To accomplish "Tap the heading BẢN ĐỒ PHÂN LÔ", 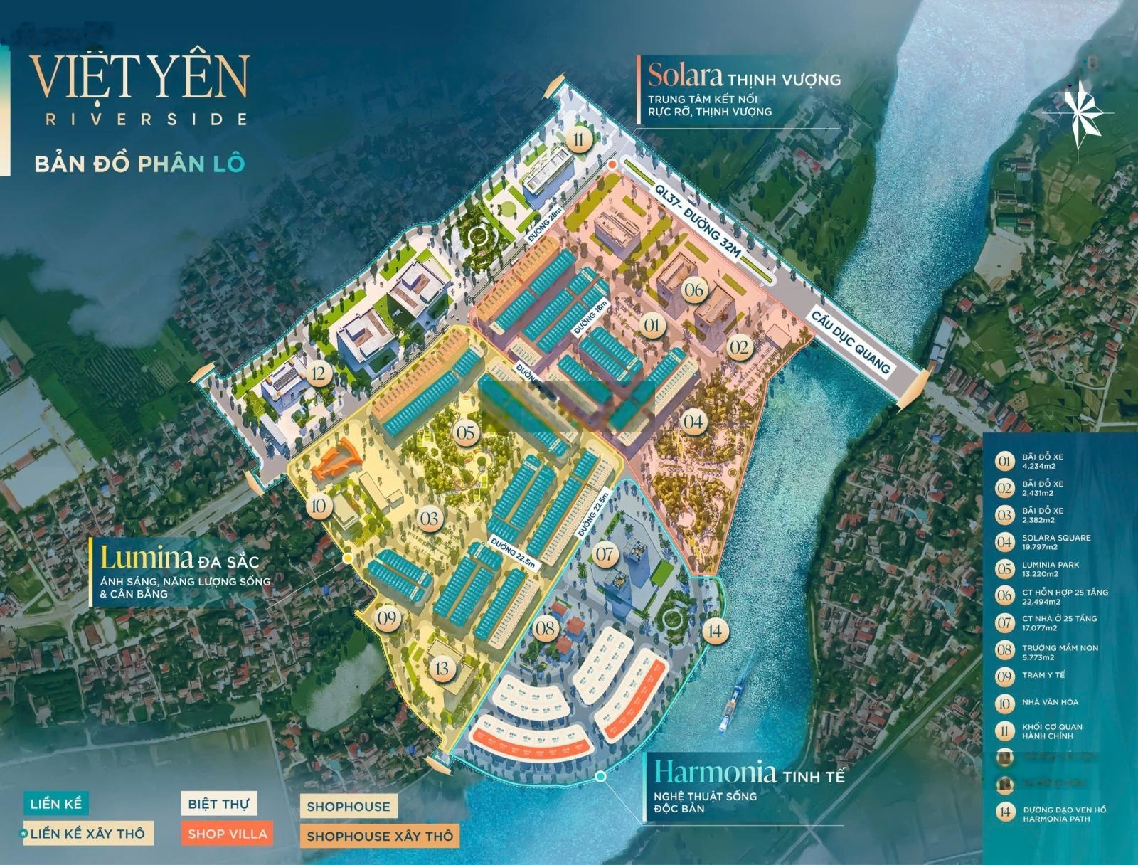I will pyautogui.click(x=139, y=162).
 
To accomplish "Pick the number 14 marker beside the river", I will pyautogui.click(x=715, y=630).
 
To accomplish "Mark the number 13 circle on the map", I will pyautogui.click(x=443, y=668).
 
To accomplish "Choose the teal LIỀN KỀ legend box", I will pyautogui.click(x=56, y=805).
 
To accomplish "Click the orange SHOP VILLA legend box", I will pyautogui.click(x=228, y=834).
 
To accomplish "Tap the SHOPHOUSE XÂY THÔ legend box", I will pyautogui.click(x=379, y=836).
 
